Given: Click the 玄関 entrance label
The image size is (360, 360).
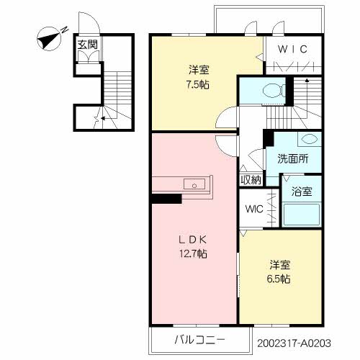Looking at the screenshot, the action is (88, 45).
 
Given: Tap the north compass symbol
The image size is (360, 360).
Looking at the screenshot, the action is (50, 39).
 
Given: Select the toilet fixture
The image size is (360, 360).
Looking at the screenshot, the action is (274, 91).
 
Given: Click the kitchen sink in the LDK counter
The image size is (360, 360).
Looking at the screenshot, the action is (194, 184).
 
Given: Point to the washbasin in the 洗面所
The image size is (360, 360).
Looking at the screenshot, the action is (309, 138).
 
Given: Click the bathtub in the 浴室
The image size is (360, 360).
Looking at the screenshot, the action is (302, 215).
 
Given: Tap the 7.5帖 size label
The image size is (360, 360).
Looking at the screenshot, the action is (198, 85).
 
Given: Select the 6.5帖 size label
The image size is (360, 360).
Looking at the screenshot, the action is (279, 279).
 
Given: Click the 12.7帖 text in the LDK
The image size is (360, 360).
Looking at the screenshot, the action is (194, 253).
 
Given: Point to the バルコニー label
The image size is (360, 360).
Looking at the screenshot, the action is (199, 340).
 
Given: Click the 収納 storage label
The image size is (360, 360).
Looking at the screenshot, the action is (251, 180).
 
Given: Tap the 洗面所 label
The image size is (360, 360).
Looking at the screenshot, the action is (293, 158).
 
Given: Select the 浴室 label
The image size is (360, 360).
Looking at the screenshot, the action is (302, 192).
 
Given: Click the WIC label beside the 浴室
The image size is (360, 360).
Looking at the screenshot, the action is (254, 209).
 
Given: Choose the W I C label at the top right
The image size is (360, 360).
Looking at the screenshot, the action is (292, 49).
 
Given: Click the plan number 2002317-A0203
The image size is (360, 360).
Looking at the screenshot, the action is (294, 343).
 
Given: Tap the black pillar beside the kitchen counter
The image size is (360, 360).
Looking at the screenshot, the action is (166, 199).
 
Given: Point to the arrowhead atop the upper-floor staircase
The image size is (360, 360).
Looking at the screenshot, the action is (307, 81).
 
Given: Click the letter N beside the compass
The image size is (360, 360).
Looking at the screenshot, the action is (64, 30).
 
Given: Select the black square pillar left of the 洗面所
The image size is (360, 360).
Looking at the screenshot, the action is (269, 138).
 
